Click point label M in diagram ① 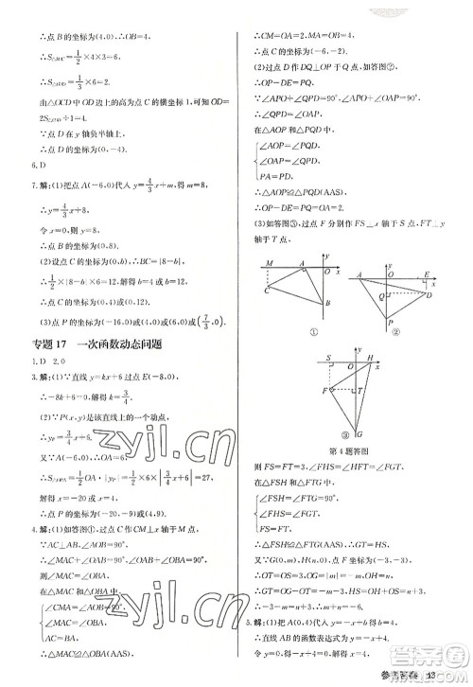pyautogui.click(x=272, y=262)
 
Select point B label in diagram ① pyautogui.click(x=326, y=304)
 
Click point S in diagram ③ pyautogui.click(x=328, y=359)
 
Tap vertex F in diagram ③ pyautogui.click(x=324, y=390)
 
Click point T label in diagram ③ pyautogui.click(x=360, y=391)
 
